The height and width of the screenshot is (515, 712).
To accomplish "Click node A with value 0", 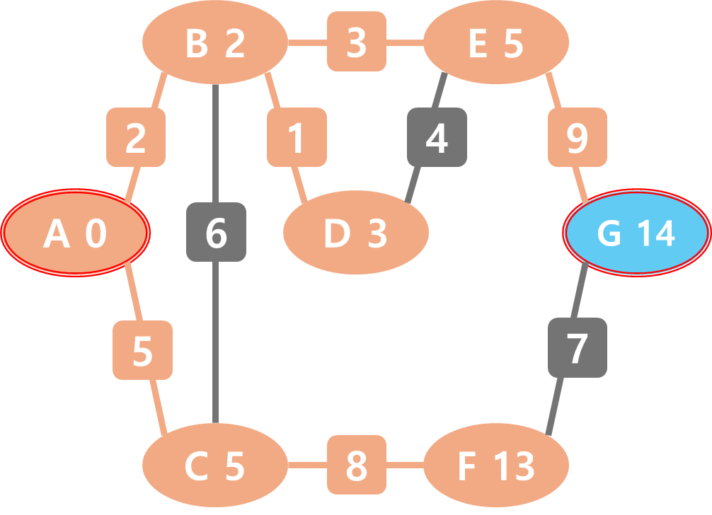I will coord(75,233).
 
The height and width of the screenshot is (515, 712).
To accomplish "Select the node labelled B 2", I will coord(215,44).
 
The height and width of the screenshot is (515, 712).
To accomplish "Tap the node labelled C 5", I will coord(215,466).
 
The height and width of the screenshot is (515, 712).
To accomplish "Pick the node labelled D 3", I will coord(355,233).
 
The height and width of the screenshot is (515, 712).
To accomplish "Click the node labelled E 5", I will coord(496,44).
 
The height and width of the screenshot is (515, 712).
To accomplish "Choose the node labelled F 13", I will coord(496,466).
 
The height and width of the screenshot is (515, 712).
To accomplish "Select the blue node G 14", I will coord(636,233).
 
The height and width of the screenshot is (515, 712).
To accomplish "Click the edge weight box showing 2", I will coord(136,137).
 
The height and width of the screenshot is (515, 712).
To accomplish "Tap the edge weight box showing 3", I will coord(357,42).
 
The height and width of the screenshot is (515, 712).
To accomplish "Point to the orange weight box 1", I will coord(297,137).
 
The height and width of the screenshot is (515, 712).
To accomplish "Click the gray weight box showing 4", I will coord(437,137).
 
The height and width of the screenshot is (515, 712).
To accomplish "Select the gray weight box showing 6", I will coord(216,232).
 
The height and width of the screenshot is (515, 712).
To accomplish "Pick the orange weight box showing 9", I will coord(578,137).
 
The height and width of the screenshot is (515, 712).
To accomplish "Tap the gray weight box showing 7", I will coord(578,347).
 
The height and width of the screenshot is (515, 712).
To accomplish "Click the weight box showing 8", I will coord(357,465).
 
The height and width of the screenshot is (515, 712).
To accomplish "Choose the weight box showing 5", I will coord(143,349).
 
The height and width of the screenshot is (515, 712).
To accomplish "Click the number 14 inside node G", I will coord(654,234).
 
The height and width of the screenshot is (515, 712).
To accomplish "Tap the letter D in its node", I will coord(337,234).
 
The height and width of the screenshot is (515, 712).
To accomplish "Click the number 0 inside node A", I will coord(96,234).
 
